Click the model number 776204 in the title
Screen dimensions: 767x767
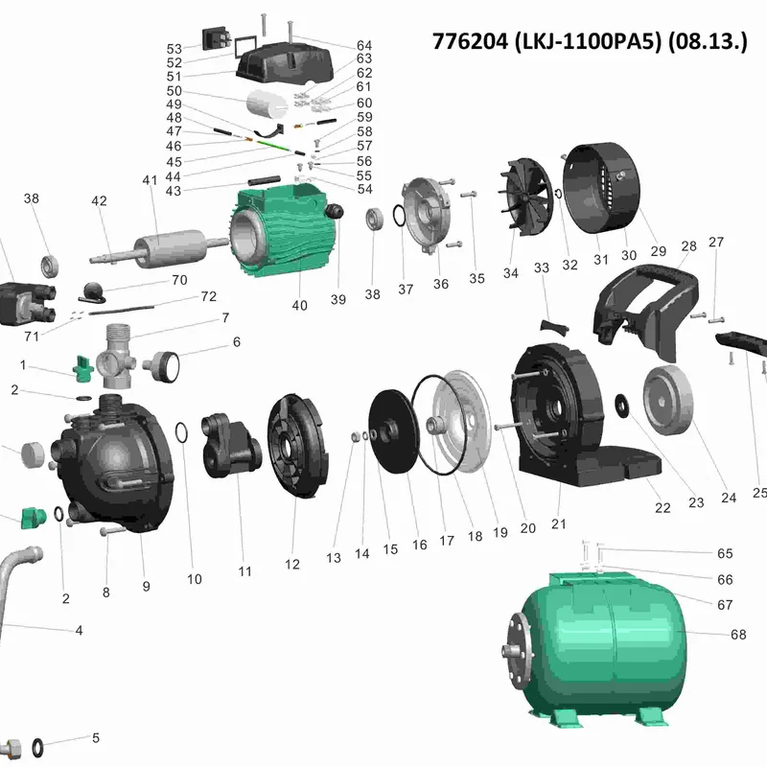pos(470,41)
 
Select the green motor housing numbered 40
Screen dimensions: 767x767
pos(283,229)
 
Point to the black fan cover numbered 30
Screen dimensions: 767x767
pos(601,187)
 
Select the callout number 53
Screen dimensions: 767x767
pos(174,49)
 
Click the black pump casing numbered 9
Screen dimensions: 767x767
pos(115,462)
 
